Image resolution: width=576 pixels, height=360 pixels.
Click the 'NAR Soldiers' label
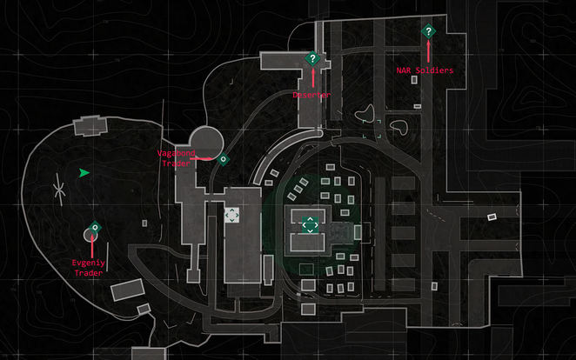424,70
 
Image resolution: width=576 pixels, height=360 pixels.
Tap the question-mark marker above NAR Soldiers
427,32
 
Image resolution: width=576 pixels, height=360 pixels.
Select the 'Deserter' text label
311,94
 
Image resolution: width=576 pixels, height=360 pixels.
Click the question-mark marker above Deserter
312,58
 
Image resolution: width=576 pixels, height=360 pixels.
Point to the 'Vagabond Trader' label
174,158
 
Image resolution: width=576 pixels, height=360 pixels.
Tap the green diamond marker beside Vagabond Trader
223,159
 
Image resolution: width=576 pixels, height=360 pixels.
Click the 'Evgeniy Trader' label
88,267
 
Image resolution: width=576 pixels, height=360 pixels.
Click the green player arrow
84,173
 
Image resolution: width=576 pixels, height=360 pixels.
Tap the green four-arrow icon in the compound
309,225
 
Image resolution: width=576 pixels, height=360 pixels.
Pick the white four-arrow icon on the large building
231,214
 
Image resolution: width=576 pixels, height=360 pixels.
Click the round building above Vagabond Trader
207,140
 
